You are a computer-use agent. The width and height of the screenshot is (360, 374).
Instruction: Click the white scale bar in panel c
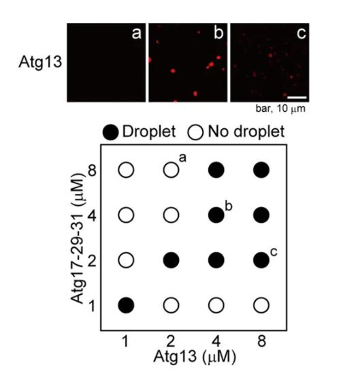click(x=297, y=97)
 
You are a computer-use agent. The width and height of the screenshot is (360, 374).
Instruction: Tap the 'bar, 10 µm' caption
click(x=280, y=108)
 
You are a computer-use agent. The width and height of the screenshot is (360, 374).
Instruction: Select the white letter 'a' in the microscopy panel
click(x=136, y=33)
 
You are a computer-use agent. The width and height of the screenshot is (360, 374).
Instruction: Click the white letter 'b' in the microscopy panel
click(x=218, y=33)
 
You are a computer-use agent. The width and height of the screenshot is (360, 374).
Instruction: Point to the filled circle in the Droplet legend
click(x=110, y=132)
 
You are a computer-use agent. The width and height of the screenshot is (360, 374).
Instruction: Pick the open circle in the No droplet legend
click(x=195, y=132)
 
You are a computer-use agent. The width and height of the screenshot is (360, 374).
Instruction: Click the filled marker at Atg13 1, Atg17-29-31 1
click(x=126, y=305)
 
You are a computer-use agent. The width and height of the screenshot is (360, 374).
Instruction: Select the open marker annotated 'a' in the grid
click(x=171, y=170)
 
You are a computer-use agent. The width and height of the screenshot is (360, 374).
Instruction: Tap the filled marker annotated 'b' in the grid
click(x=216, y=215)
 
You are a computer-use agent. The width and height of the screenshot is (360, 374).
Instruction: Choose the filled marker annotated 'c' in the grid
click(x=261, y=260)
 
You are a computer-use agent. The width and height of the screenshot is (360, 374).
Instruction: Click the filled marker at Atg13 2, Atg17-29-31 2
click(x=171, y=260)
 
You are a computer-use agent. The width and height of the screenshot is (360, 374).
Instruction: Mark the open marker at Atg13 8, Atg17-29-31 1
click(x=261, y=305)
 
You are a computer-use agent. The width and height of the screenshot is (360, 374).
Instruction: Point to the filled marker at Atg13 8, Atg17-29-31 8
click(x=261, y=170)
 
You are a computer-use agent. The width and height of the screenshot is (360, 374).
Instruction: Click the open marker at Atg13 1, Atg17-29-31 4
click(x=126, y=215)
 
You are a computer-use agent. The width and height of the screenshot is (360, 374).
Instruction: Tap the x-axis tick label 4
click(x=216, y=341)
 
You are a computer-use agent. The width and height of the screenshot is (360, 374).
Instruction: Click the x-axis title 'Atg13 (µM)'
click(x=195, y=356)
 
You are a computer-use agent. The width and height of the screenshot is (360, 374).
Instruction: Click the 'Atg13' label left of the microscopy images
click(x=40, y=62)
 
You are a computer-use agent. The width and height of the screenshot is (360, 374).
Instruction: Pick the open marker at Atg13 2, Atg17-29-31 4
click(x=171, y=215)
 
